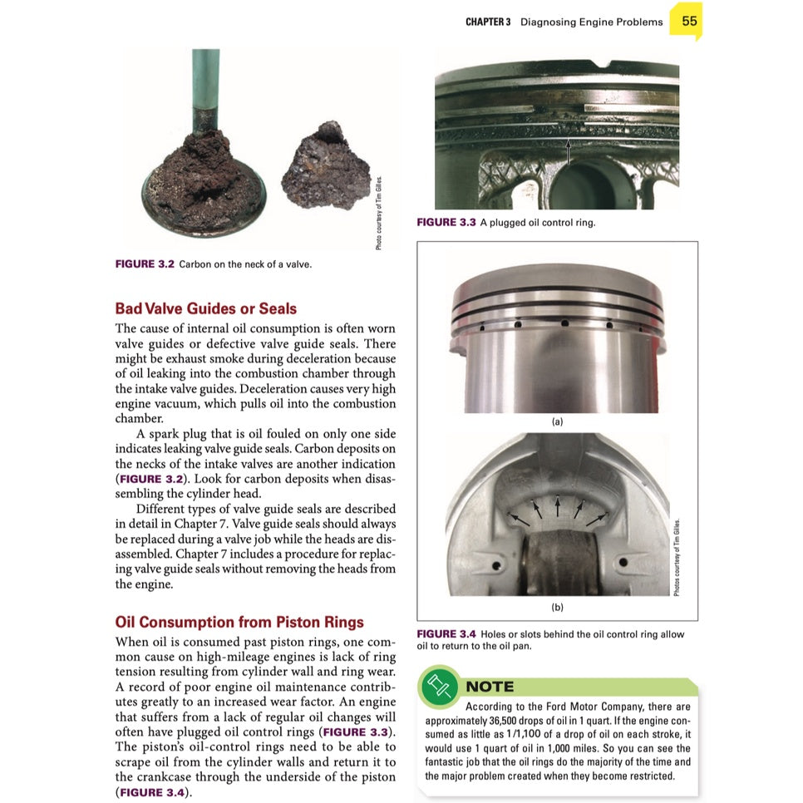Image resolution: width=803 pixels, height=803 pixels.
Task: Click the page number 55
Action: (x=689, y=22)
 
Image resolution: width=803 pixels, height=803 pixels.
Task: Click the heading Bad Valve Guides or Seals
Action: (x=205, y=308)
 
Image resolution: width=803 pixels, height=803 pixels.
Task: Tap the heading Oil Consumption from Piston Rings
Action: (x=239, y=622)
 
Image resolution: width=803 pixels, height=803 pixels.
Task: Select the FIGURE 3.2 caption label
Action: (x=145, y=264)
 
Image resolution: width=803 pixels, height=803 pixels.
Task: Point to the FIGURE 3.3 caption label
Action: (x=446, y=223)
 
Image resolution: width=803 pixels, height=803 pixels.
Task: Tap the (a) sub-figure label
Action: (x=557, y=421)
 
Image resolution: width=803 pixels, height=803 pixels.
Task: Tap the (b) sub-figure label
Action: (x=557, y=608)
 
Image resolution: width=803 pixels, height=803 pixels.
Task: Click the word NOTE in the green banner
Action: (x=490, y=687)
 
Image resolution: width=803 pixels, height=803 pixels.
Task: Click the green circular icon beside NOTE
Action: (x=438, y=686)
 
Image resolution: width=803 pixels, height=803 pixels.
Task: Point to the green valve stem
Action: (x=204, y=83)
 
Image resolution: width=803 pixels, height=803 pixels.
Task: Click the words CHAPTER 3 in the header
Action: (x=488, y=22)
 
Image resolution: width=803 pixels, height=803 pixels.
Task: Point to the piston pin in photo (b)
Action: (x=558, y=565)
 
